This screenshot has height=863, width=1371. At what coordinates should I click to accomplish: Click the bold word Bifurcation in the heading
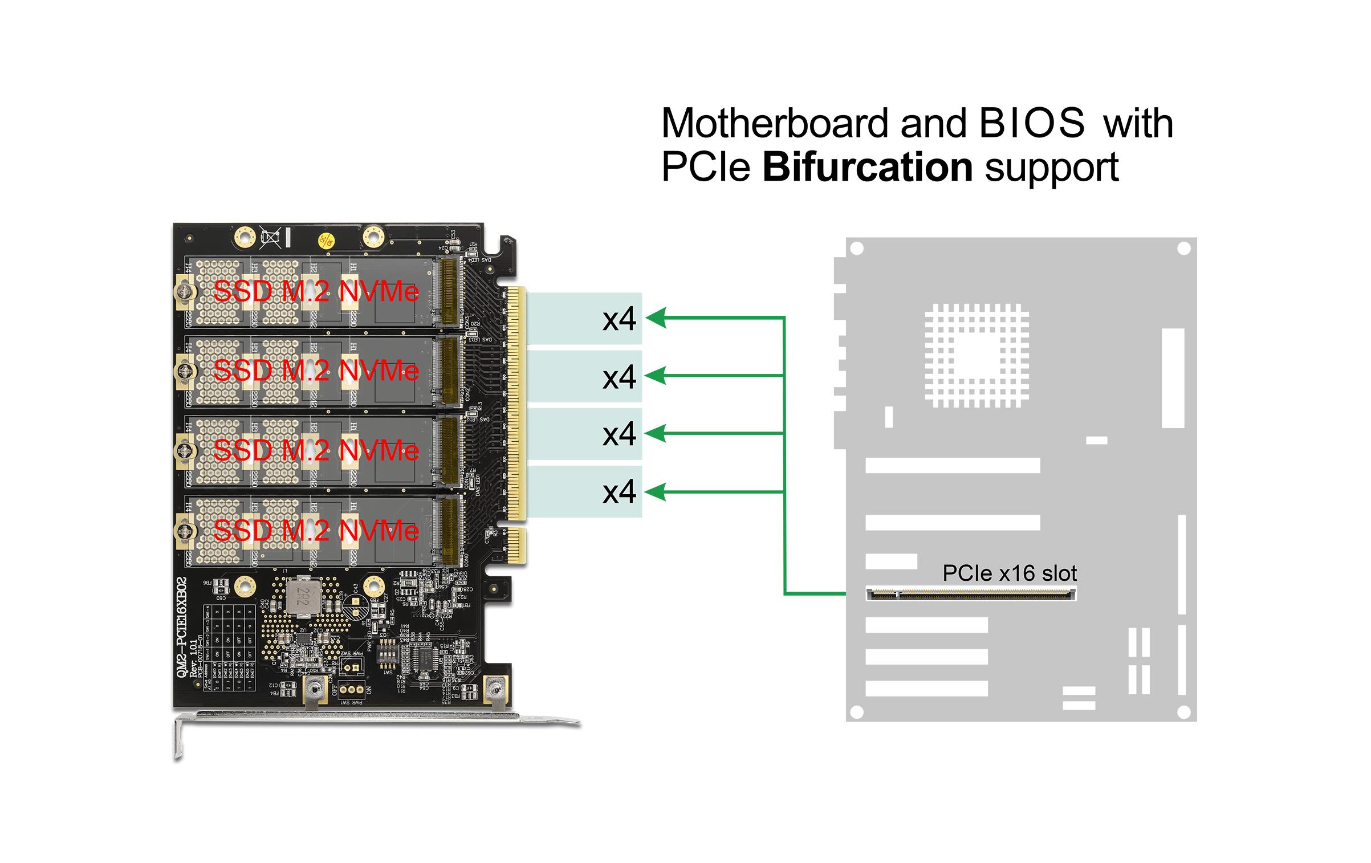(867, 167)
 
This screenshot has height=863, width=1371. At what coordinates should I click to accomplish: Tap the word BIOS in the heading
(1032, 123)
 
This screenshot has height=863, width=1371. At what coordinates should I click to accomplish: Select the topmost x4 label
(619, 319)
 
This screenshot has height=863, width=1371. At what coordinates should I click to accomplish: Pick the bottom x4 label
(619, 491)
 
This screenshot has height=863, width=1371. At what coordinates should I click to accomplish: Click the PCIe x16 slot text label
(1010, 573)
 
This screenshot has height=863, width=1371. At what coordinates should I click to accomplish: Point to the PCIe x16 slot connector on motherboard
(971, 595)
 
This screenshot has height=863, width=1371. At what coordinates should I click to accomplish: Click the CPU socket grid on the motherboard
(977, 356)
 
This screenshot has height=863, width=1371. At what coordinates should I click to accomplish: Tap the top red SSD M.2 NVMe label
(316, 292)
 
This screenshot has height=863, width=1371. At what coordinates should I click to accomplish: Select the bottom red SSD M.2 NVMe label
(316, 531)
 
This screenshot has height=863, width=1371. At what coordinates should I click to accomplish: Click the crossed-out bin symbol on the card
(270, 237)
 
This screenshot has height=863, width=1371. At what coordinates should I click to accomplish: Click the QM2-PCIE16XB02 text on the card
(182, 627)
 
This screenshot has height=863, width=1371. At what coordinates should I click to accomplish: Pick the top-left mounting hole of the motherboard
(856, 249)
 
